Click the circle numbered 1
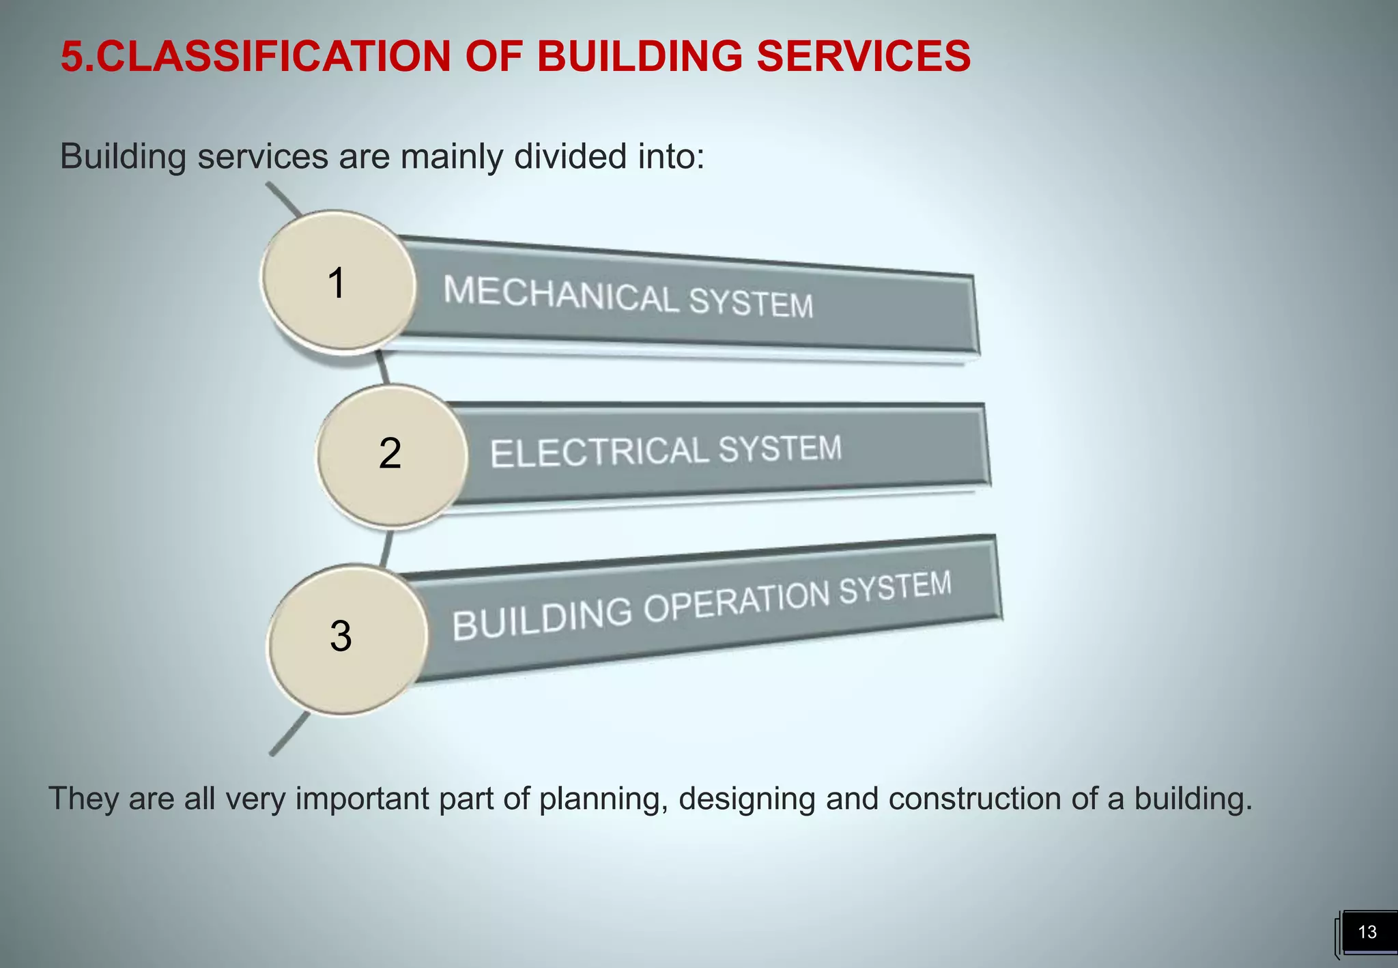pyautogui.click(x=339, y=282)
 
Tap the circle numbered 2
pyautogui.click(x=392, y=455)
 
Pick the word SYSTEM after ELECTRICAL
pyautogui.click(x=780, y=449)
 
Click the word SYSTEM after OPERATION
pyautogui.click(x=895, y=586)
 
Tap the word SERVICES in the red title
pyautogui.click(x=864, y=56)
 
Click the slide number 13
pyautogui.click(x=1367, y=932)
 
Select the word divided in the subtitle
pyautogui.click(x=570, y=156)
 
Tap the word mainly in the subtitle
pyautogui.click(x=452, y=158)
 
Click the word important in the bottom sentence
pyautogui.click(x=361, y=799)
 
